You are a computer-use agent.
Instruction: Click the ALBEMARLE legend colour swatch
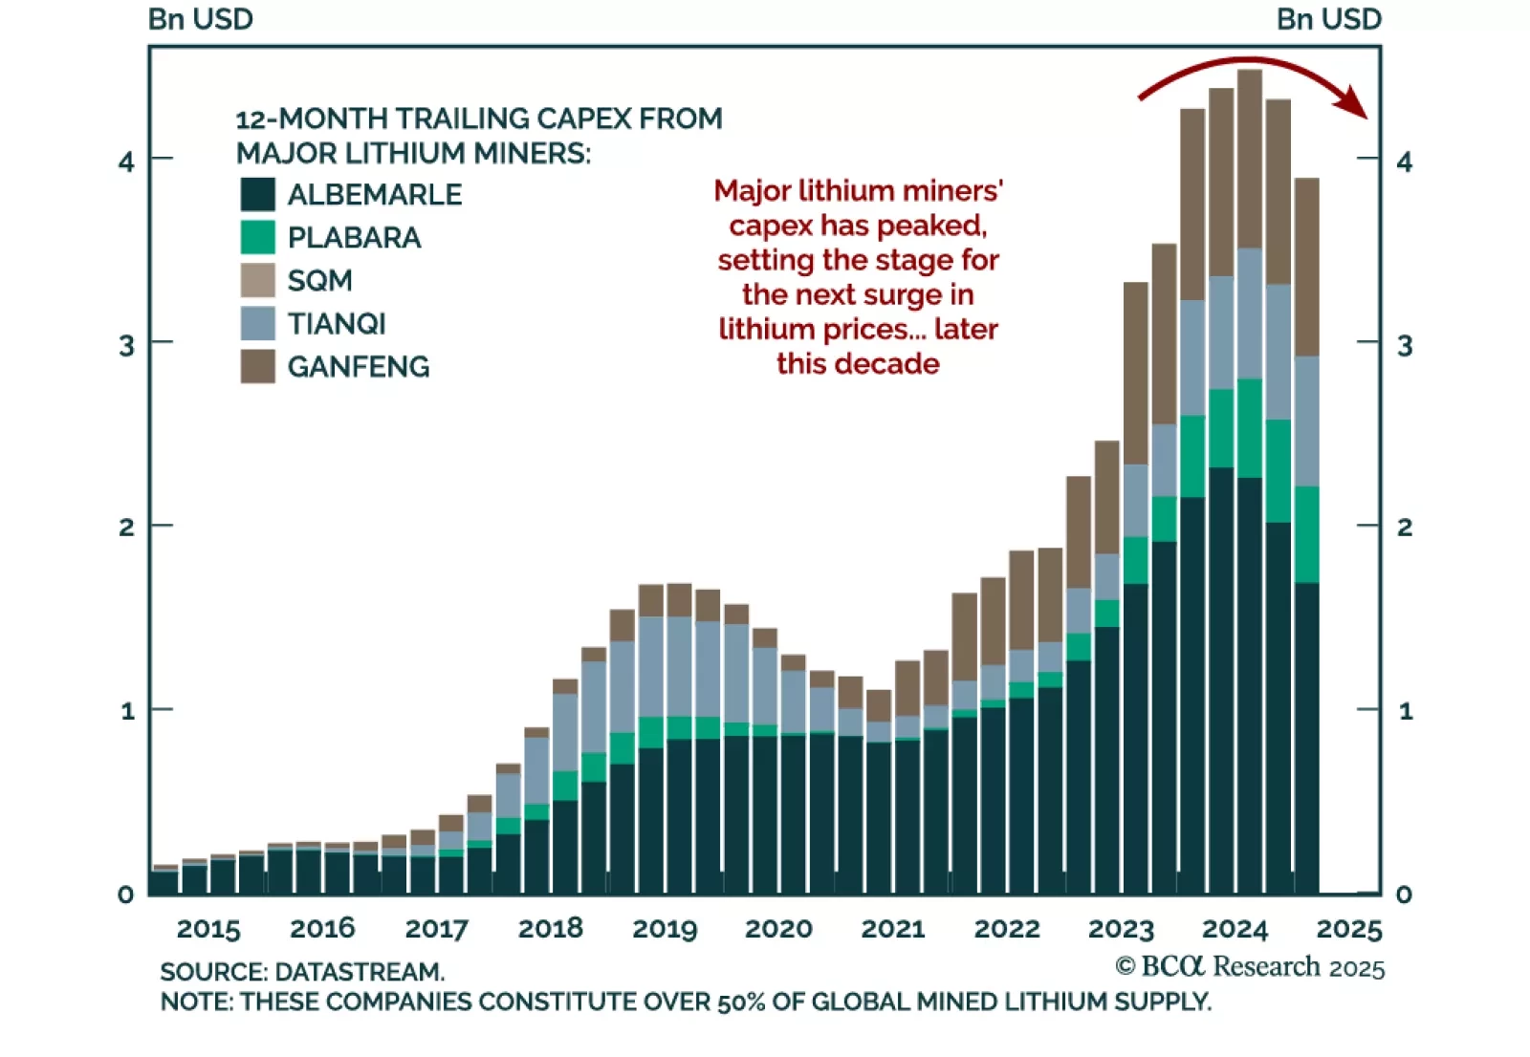[x=257, y=194]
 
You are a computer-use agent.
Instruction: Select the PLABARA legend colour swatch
[x=257, y=237]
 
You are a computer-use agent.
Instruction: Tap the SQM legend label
[x=319, y=280]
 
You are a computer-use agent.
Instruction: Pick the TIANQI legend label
[x=337, y=323]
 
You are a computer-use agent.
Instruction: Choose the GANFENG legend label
[x=359, y=366]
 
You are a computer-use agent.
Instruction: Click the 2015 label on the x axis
[x=208, y=928]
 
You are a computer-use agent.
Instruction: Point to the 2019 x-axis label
[x=665, y=928]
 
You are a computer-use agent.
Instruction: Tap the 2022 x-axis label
[x=1007, y=928]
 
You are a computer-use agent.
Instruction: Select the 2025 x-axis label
[x=1349, y=928]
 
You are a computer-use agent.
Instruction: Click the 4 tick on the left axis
[x=126, y=162]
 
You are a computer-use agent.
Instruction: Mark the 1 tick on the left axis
[x=127, y=711]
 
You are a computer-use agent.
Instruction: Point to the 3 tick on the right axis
[x=1404, y=345]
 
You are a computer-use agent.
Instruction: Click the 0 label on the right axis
[x=1404, y=895]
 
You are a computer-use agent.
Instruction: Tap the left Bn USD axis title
[x=201, y=19]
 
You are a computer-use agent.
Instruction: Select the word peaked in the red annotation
[x=938, y=226]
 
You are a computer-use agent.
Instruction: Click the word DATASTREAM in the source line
[x=360, y=972]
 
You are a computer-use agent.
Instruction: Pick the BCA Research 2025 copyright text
[x=1250, y=967]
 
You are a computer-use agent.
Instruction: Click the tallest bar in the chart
[x=1250, y=478]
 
